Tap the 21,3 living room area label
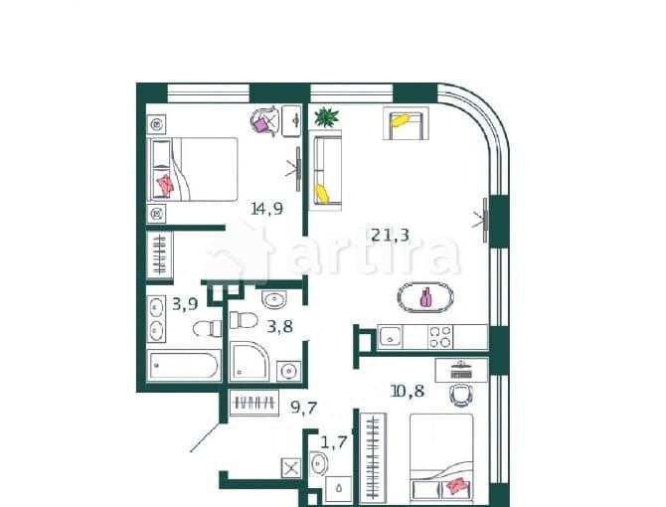coord(390,235)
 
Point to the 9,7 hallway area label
coord(304,406)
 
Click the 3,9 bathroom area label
coord(184,304)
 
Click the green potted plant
coord(326,118)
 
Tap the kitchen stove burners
coord(439,337)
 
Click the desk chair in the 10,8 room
coord(459,395)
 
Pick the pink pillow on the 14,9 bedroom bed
coord(165,184)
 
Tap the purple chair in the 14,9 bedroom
coord(264,123)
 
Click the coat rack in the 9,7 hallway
coord(252,405)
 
